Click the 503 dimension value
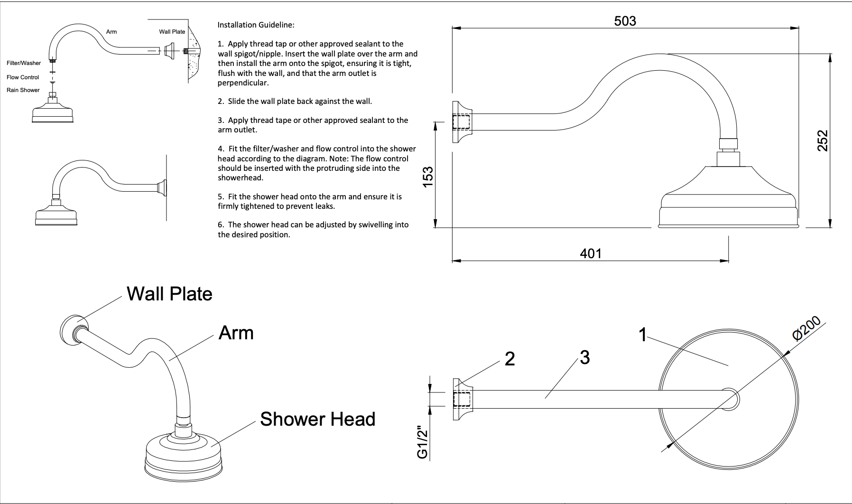tap(625, 21)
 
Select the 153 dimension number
tap(427, 177)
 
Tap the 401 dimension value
tap(591, 254)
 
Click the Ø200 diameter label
tap(806, 328)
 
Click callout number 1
tap(643, 335)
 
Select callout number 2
tap(509, 359)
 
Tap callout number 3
tap(584, 357)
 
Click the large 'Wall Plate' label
tap(169, 294)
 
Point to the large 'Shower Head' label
tap(317, 419)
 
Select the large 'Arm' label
tap(236, 333)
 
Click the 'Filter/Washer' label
tap(24, 63)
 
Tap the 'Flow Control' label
tap(23, 77)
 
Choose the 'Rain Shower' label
tap(23, 90)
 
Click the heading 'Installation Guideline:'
tap(256, 25)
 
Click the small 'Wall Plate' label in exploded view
tap(172, 32)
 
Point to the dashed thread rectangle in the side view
tap(461, 122)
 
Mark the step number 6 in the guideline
tap(220, 225)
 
